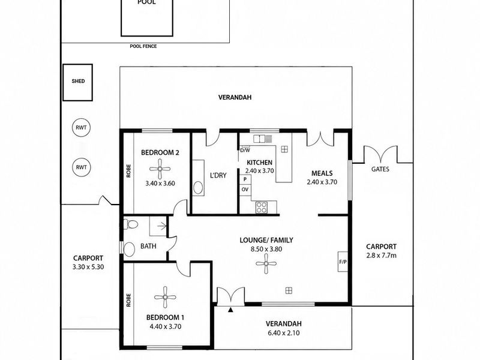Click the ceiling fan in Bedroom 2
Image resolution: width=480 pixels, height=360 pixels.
click(x=160, y=169)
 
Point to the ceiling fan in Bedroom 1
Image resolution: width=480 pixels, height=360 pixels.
click(x=165, y=297)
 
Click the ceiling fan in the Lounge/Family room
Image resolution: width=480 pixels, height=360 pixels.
click(x=266, y=263)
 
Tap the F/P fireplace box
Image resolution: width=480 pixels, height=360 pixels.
click(x=343, y=262)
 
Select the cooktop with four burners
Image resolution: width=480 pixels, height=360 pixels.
click(x=262, y=207)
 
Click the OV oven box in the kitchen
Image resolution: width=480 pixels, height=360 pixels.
click(x=245, y=190)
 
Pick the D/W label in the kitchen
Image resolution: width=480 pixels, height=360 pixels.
click(x=245, y=151)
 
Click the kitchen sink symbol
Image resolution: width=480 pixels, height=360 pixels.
click(x=259, y=139)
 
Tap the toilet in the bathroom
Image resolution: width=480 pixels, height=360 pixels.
click(x=130, y=224)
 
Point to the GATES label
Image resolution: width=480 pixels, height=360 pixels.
click(x=380, y=169)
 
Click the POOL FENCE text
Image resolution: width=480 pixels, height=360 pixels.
click(x=143, y=46)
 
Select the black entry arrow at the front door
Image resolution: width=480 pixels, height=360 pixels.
click(x=230, y=310)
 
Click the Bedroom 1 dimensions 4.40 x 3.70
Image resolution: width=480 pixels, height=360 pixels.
click(x=166, y=326)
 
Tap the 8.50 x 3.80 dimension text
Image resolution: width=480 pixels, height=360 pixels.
click(x=266, y=249)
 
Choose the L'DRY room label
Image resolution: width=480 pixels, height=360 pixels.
click(x=218, y=175)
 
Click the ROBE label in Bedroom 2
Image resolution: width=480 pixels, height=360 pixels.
click(x=128, y=171)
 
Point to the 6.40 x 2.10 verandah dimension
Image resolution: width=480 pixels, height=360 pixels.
click(x=284, y=333)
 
